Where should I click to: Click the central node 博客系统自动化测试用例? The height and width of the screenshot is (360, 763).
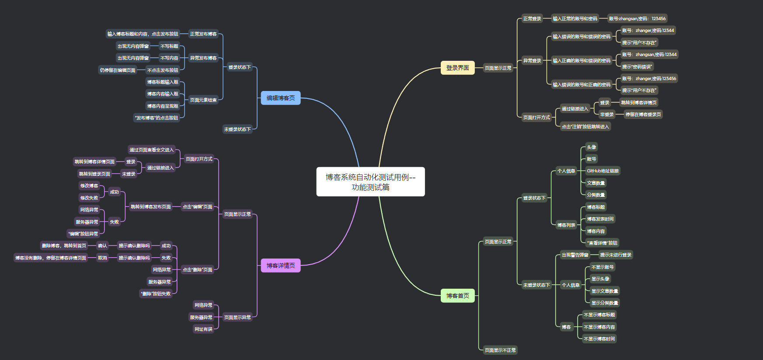click(x=370, y=182)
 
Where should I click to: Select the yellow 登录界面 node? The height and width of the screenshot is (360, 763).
click(x=457, y=68)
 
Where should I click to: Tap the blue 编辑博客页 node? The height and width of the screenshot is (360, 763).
click(x=281, y=98)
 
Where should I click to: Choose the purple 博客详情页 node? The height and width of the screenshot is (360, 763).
click(x=281, y=266)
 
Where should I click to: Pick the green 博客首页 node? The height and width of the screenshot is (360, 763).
click(x=457, y=296)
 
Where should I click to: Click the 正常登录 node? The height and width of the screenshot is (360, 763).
click(x=532, y=18)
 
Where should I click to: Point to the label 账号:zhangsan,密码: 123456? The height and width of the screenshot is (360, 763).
click(x=637, y=18)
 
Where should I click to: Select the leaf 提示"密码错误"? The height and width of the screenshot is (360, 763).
click(x=637, y=66)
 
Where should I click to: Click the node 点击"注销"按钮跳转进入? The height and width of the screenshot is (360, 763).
click(x=585, y=126)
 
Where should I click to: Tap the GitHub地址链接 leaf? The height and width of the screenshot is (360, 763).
click(x=603, y=171)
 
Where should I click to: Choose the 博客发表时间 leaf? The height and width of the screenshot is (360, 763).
click(x=600, y=219)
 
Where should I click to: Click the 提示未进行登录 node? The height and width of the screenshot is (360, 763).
click(x=616, y=255)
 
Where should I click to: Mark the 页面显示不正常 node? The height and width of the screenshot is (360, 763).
click(x=500, y=350)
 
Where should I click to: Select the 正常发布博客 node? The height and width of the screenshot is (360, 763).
click(x=203, y=34)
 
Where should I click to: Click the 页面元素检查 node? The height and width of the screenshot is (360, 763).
click(x=203, y=100)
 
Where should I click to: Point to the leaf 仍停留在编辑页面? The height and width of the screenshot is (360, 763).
click(x=118, y=70)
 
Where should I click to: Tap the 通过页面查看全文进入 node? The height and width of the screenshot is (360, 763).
click(x=151, y=150)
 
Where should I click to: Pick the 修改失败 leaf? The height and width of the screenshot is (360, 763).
click(x=89, y=198)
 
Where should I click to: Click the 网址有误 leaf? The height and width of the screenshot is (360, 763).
click(x=203, y=329)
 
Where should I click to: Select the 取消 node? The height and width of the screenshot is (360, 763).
click(x=102, y=258)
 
